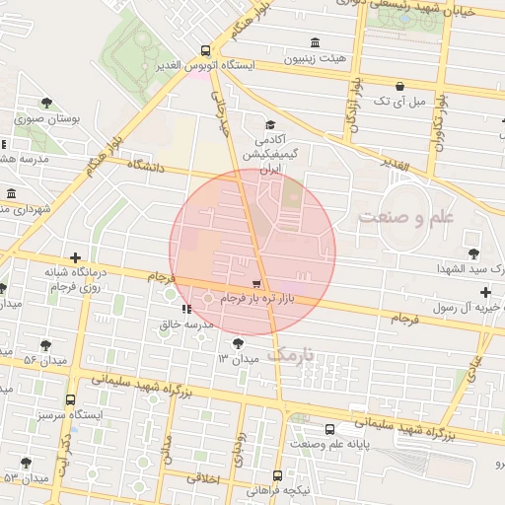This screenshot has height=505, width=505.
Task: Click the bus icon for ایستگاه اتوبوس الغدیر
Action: tap(205, 50)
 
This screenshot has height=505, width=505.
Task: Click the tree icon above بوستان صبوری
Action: tap(46, 102)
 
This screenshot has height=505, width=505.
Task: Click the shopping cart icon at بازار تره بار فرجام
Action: tap(257, 283)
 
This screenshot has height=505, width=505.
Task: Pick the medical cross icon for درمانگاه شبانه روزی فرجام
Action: tap(76, 258)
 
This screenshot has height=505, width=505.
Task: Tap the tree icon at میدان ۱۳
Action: tap(238, 343)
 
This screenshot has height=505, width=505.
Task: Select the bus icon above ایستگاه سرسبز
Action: tap(70, 400)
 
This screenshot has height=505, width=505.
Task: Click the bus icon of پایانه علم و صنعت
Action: tap(329, 429)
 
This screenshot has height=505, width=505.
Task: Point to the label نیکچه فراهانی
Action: tap(278, 489)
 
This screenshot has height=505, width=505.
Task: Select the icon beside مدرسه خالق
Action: tap(187, 309)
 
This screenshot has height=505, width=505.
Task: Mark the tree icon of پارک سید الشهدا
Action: tap(475, 253)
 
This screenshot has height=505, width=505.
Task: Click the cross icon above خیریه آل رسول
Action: tap(484, 292)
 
